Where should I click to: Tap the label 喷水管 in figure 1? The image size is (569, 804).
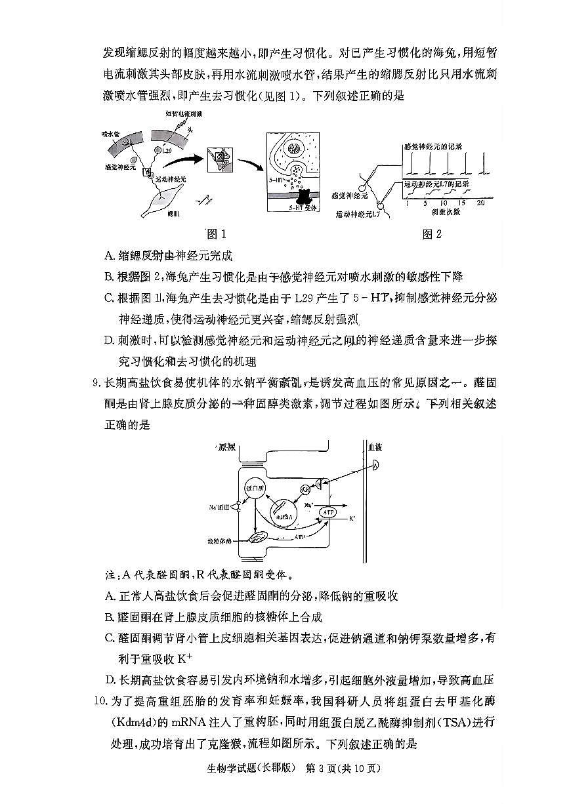click(x=110, y=133)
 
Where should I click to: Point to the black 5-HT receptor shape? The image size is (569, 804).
click(x=306, y=195)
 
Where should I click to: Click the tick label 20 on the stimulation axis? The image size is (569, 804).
click(x=481, y=203)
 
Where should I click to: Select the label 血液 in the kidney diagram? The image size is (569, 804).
click(x=374, y=447)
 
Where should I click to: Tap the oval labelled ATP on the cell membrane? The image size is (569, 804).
click(x=327, y=512)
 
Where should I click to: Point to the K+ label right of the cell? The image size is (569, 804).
click(x=352, y=519)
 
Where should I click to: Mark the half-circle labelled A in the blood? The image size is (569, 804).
click(x=375, y=466)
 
